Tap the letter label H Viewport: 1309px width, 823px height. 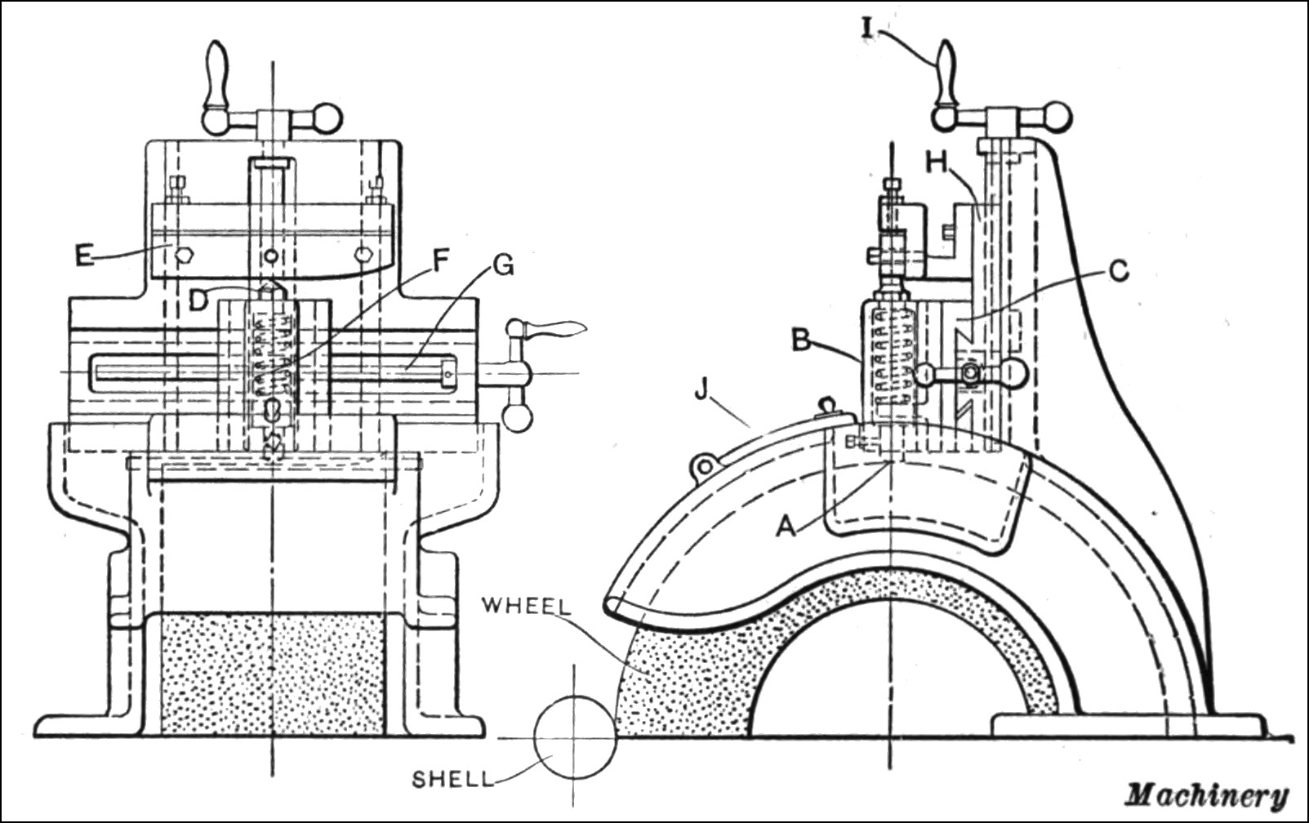(937, 162)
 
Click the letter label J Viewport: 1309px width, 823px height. (701, 390)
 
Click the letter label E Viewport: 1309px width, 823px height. (84, 255)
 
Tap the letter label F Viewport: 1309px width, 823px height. (440, 261)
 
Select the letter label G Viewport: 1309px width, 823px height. (504, 265)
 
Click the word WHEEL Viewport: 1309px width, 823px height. (526, 606)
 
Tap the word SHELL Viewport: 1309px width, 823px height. (452, 778)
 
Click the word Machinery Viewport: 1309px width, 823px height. (1207, 794)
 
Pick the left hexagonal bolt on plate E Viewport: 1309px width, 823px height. (185, 255)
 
